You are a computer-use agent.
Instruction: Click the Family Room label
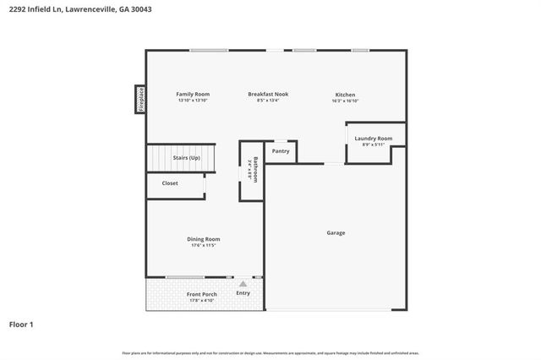coord(193,94)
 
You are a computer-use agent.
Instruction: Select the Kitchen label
coord(345,95)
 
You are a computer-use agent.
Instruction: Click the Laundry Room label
coord(373,138)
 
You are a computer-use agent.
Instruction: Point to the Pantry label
coord(281,151)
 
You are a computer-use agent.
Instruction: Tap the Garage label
coord(336,232)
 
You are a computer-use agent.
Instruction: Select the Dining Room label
coord(204,239)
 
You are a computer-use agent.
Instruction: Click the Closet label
coord(170,183)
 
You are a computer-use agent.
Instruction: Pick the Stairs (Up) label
coord(186,158)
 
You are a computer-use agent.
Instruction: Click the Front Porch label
coord(202,294)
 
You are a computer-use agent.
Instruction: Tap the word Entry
coord(243,293)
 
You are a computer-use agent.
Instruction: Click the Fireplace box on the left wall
coord(141,99)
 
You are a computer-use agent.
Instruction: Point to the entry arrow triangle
coord(243,284)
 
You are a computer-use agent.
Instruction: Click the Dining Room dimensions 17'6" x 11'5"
coord(204,246)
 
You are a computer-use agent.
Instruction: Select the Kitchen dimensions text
coord(345,101)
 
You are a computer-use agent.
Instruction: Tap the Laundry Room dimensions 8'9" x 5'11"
coord(373,145)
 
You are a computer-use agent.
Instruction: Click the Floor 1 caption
coord(21,324)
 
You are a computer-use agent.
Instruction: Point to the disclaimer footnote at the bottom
coord(270,352)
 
